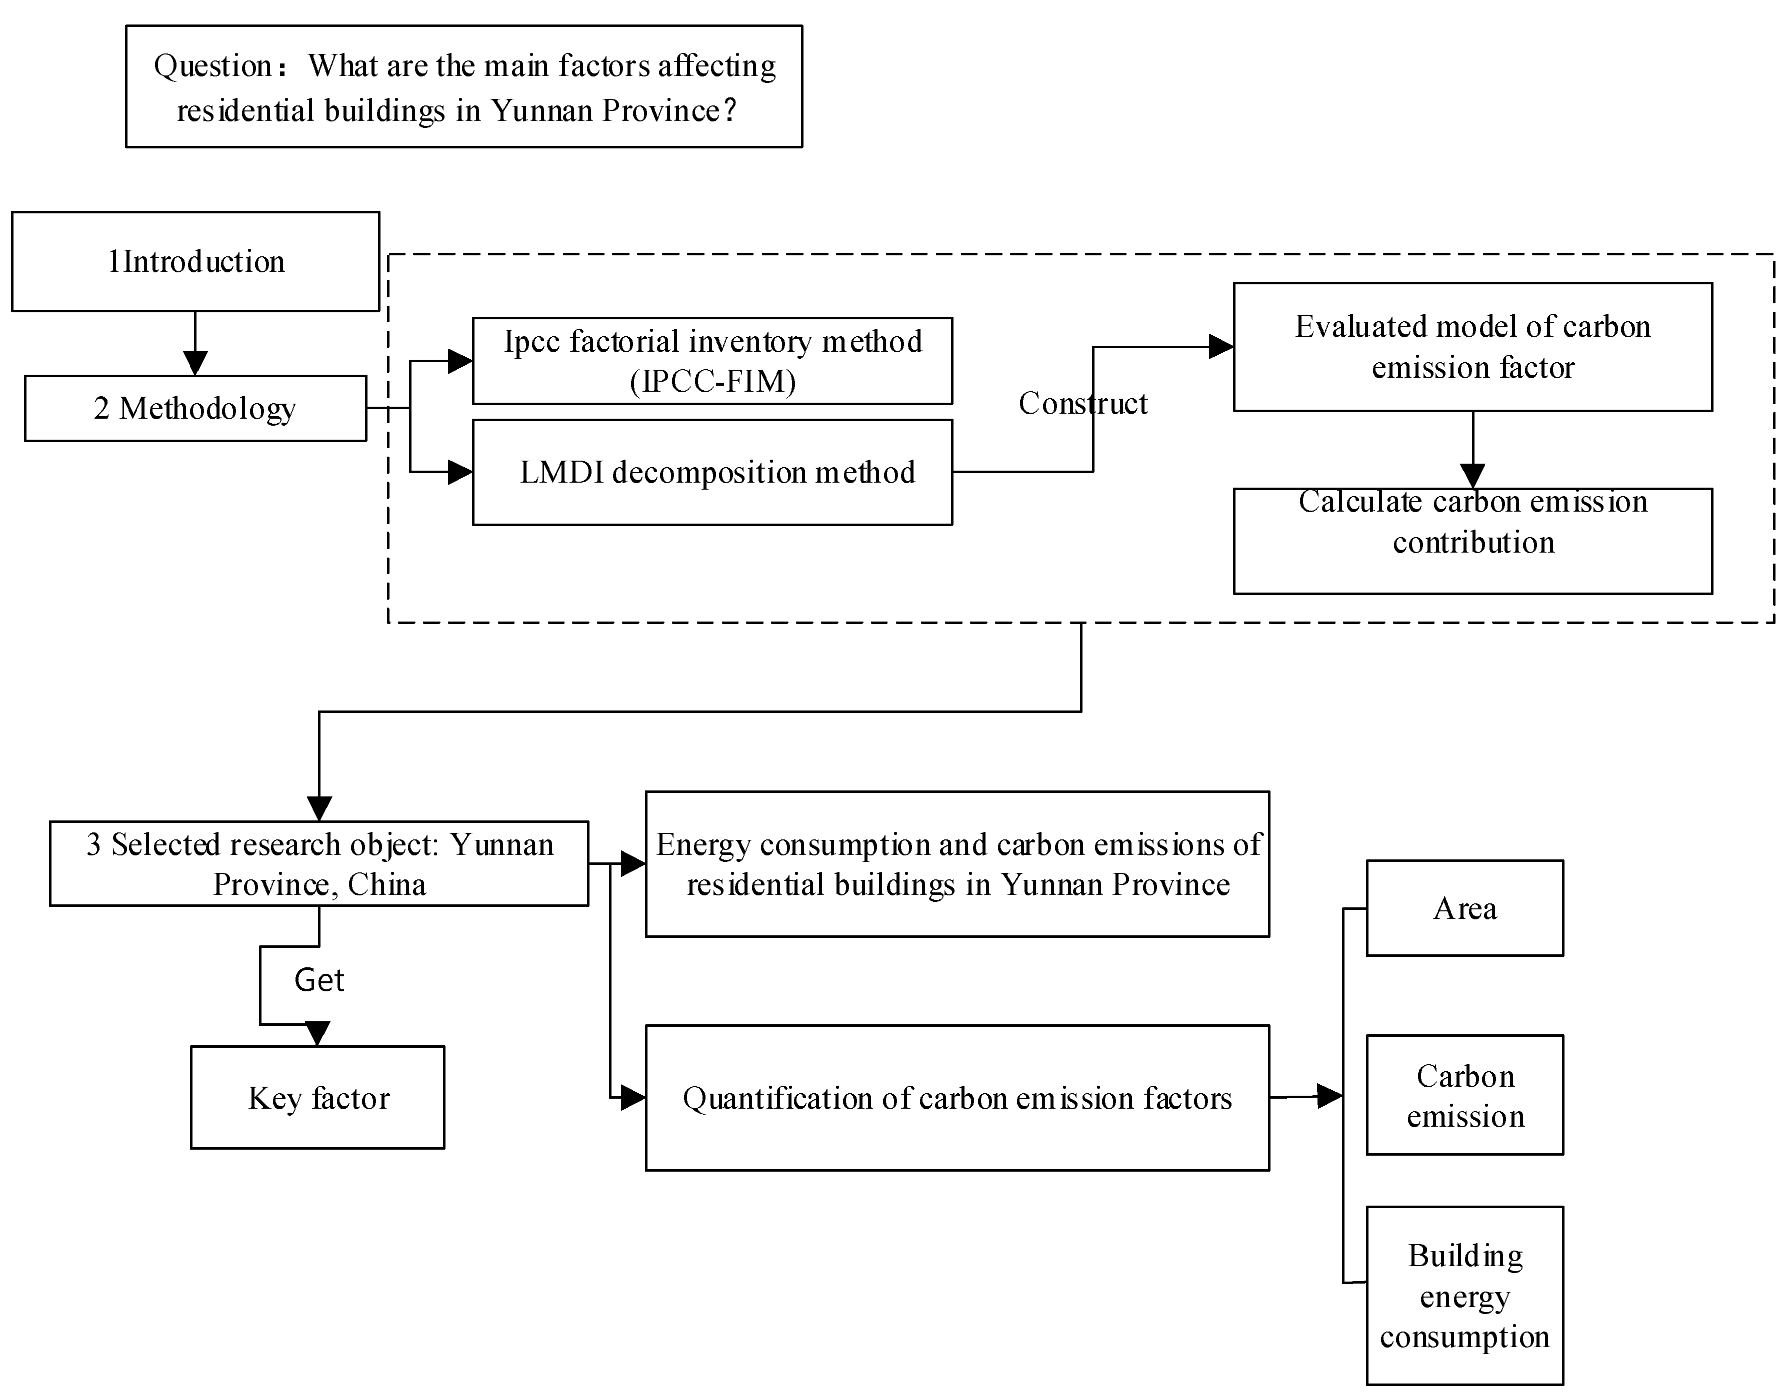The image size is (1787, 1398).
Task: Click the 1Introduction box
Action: (195, 262)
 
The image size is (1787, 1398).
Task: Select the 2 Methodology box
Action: (195, 408)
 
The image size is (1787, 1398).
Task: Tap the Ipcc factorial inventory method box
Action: (712, 361)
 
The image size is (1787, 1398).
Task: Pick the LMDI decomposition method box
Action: (712, 472)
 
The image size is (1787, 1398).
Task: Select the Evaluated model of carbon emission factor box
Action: (1472, 347)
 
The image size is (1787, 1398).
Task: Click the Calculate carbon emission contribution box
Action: (1472, 541)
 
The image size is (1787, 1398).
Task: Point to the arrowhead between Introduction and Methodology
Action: (195, 363)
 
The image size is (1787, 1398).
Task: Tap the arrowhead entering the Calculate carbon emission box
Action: (1472, 476)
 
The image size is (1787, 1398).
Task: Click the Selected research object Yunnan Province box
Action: (319, 863)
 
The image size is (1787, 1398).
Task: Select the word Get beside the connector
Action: (319, 980)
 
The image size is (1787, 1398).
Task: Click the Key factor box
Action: (318, 1098)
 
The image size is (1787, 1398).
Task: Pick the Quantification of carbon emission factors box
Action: (957, 1098)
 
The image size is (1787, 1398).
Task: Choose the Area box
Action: (1464, 908)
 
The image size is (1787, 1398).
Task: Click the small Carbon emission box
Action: (1464, 1095)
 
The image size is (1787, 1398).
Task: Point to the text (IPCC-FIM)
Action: (712, 381)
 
